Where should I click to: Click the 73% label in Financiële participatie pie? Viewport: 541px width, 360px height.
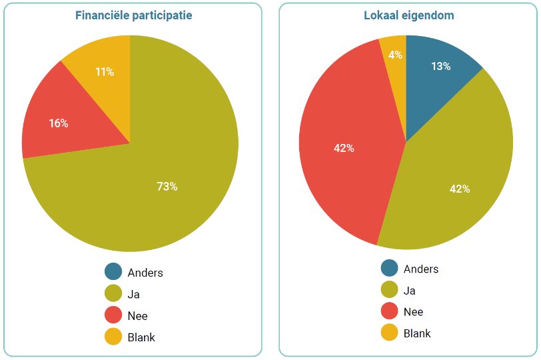(167, 187)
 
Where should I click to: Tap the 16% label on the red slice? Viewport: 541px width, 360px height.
(58, 123)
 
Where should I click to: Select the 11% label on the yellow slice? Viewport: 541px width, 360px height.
(104, 72)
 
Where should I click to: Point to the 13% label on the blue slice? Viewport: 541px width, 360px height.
(440, 66)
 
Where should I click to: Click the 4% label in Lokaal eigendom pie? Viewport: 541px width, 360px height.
(395, 55)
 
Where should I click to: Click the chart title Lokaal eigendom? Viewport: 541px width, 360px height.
(409, 15)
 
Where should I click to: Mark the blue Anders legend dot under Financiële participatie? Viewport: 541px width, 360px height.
(113, 271)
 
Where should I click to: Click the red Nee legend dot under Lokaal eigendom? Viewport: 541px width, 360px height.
(390, 311)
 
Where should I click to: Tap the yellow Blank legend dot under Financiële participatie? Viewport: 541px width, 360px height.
(113, 337)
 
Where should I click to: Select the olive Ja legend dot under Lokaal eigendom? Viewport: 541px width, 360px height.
(390, 289)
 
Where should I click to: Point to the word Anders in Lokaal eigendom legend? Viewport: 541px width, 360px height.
(421, 269)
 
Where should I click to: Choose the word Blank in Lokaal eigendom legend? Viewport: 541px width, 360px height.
(417, 333)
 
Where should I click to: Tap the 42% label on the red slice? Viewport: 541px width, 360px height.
(344, 148)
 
